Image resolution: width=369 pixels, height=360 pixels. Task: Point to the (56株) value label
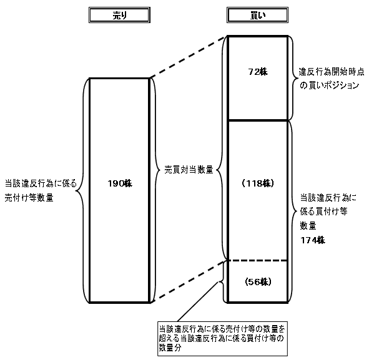(x=257, y=280)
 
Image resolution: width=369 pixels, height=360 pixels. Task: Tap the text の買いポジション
(x=328, y=85)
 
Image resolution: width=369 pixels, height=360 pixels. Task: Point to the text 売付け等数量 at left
(x=29, y=198)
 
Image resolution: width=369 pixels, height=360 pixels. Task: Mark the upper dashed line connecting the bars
(x=187, y=57)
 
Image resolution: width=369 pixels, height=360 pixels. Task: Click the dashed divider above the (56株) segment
(x=257, y=260)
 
